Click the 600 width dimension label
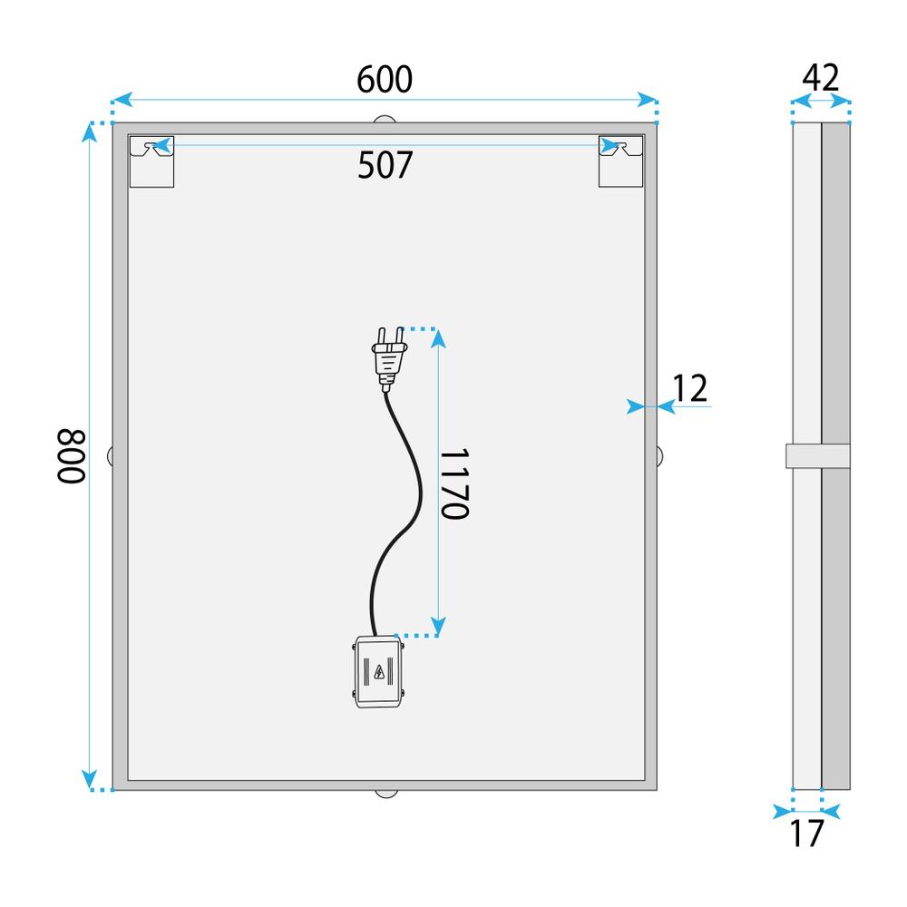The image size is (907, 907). point(385,80)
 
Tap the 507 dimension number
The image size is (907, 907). point(385,165)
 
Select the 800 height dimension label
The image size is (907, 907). point(72,456)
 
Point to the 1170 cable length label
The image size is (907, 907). point(453,483)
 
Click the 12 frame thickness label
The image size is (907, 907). point(690,388)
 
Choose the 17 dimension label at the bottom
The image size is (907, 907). point(806,832)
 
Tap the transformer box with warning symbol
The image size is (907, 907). point(378,671)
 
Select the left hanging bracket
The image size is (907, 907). point(151,161)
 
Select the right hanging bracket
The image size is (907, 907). point(620,161)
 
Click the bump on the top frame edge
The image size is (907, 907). point(385,119)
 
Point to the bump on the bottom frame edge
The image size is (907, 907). point(385,794)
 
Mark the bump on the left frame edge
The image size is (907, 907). point(110,456)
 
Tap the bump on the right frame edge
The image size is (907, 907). point(660,456)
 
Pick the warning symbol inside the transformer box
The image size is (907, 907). point(378,672)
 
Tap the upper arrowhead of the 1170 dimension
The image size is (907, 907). point(438,337)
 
